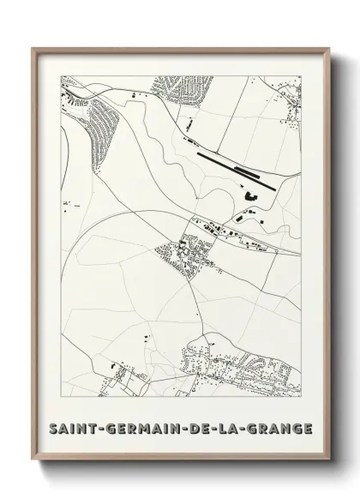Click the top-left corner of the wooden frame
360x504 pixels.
(x=33, y=48)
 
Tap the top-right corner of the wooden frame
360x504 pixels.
(x=327, y=48)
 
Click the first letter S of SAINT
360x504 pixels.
(x=55, y=428)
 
